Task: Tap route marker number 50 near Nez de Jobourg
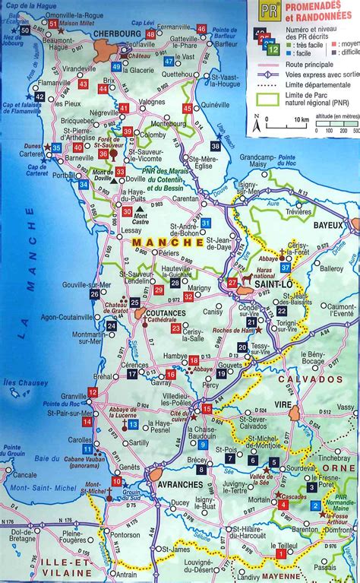click(x=25, y=30)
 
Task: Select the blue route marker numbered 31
click(x=206, y=222)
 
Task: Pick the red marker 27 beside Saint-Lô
click(x=232, y=283)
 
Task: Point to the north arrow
click(x=257, y=120)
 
